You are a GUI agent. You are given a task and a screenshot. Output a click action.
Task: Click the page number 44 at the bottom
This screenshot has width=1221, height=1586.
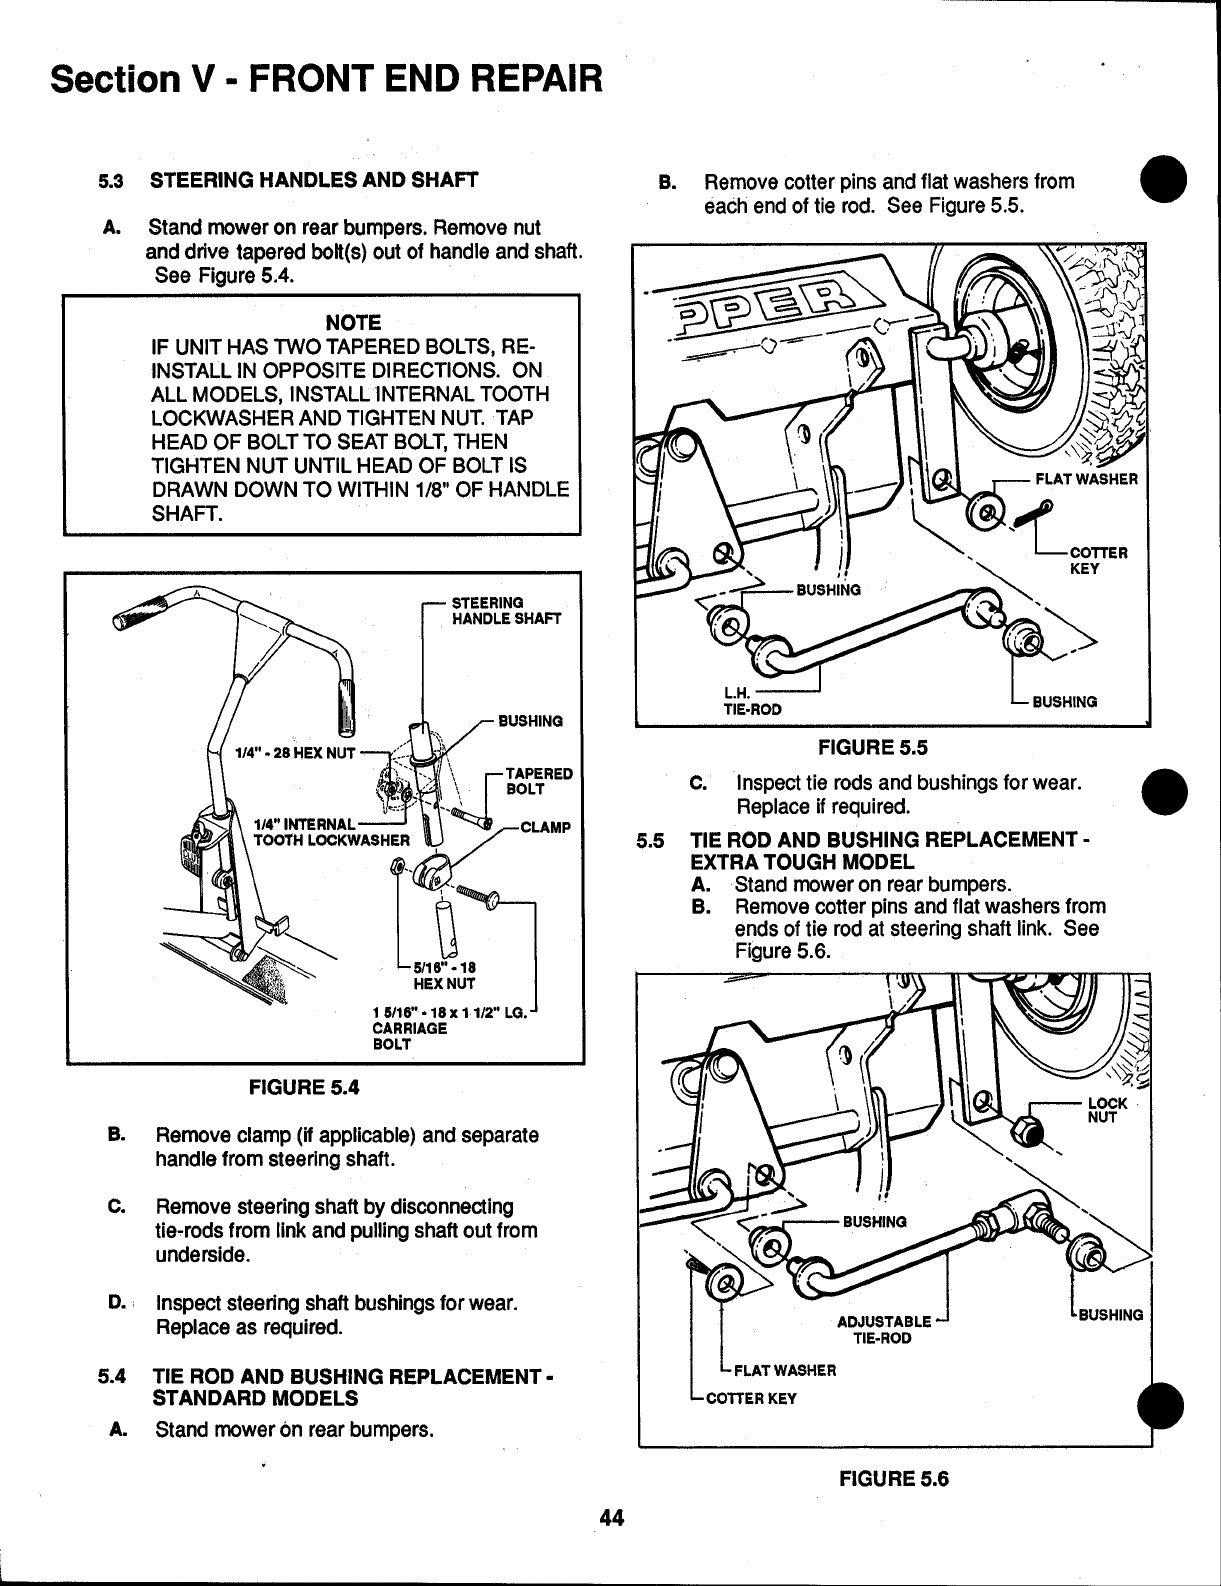[611, 1517]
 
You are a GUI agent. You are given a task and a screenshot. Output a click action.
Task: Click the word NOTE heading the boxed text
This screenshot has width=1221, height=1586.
[353, 322]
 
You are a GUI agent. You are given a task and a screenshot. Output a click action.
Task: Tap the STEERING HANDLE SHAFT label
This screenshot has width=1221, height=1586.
[507, 610]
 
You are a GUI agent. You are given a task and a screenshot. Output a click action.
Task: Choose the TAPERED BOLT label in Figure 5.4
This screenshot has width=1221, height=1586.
[539, 781]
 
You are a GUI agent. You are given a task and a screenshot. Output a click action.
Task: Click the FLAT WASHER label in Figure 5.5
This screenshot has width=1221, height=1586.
[1086, 478]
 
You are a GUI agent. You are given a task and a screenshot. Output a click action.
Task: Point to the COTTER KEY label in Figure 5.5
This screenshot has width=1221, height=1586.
[1099, 560]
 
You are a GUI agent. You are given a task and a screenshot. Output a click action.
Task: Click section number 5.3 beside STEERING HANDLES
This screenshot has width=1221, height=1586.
[109, 181]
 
